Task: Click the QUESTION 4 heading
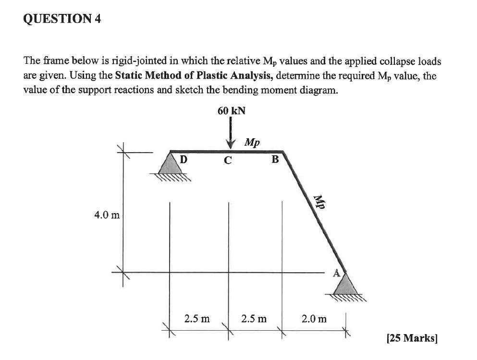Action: tap(62, 20)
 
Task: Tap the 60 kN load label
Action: tap(231, 111)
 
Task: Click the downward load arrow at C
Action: tap(231, 132)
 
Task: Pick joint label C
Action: tap(228, 160)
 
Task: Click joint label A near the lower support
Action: tap(337, 273)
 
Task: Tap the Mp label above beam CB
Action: tap(252, 143)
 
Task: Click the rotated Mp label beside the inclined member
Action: tap(318, 202)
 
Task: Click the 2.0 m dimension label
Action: tap(314, 318)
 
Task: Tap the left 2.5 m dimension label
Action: tap(197, 318)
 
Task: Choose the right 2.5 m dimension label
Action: tap(255, 318)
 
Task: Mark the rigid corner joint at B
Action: tap(283, 152)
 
